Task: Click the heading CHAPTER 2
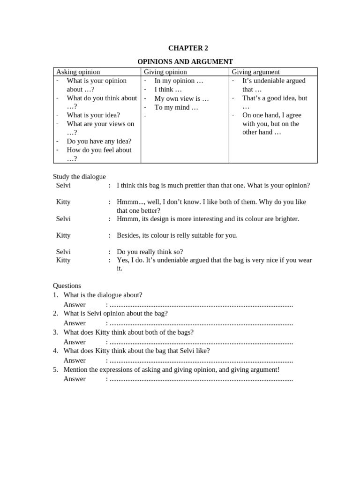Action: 188,48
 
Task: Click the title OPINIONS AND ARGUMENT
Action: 185,61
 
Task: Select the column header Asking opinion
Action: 78,72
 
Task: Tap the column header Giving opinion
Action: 165,72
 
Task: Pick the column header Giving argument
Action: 255,72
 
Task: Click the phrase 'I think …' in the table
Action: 168,89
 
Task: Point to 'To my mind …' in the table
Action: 176,107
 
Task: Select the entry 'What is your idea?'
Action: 93,115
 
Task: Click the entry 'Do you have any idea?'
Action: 99,141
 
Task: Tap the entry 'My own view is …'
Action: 181,98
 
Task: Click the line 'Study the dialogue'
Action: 79,177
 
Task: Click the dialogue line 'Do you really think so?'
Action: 150,252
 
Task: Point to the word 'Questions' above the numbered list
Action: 67,285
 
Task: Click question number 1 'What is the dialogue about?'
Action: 103,295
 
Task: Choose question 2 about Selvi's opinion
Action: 115,313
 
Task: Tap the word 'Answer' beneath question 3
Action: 75,342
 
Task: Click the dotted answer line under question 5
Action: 201,379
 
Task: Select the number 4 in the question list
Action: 55,351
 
